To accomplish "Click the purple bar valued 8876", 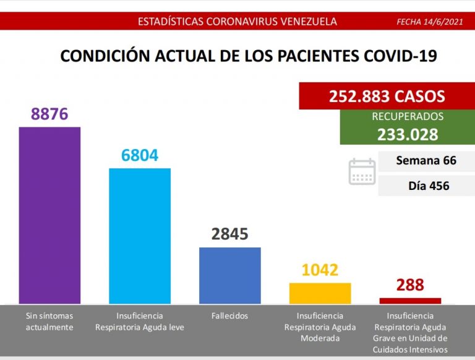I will pos(49,215).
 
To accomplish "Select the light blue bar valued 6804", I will pos(140,236).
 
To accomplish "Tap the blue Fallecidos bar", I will pos(229,275).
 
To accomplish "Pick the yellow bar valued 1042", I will pos(320,293).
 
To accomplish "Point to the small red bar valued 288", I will pos(410,301).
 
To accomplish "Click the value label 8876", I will pos(49,114).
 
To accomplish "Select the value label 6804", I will pos(140,155).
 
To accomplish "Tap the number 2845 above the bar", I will pos(229,234).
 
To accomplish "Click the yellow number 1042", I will pos(320,270).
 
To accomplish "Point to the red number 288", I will pos(410,285).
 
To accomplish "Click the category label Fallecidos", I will pos(229,316).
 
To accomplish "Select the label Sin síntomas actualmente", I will pos(49,322).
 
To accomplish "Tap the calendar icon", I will pos(362,171).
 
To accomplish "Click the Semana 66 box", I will pos(426,161).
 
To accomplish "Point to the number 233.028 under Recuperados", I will pos(408,134).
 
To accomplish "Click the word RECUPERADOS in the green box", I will pos(408,117).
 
